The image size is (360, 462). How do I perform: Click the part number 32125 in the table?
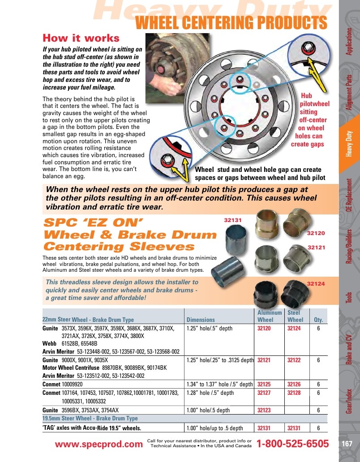[x=264, y=384]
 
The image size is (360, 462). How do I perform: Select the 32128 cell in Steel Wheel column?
[x=294, y=393]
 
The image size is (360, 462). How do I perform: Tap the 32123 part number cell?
[x=264, y=410]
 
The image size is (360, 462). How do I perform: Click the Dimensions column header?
[x=201, y=320]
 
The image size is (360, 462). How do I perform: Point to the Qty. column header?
[x=318, y=320]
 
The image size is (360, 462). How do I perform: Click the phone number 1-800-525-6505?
[x=293, y=444]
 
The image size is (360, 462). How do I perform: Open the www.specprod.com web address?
[x=99, y=445]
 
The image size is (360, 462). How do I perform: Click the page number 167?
[x=347, y=444]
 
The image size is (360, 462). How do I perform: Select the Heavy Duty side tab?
[x=349, y=144]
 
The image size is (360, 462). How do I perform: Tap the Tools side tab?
[x=349, y=298]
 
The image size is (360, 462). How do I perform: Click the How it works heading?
[x=81, y=38]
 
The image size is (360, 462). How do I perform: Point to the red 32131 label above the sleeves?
[x=233, y=220]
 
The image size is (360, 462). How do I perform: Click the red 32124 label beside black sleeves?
[x=316, y=284]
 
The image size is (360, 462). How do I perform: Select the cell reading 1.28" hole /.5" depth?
[x=210, y=393]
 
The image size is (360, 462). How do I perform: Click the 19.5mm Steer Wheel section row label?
[x=90, y=419]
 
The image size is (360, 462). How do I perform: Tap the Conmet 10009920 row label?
[x=62, y=384]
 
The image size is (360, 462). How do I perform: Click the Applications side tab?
[x=349, y=42]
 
